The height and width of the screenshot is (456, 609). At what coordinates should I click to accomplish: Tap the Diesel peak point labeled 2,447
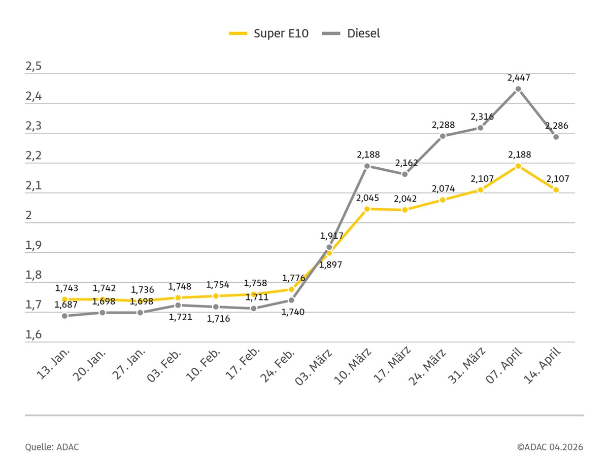518,89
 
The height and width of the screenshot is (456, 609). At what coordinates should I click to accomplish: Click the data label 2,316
482,117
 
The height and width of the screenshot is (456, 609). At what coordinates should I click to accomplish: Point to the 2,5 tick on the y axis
33,68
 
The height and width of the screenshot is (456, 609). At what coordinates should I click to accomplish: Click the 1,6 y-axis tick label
33,336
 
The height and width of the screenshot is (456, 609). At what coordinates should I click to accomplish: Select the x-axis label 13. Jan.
54,363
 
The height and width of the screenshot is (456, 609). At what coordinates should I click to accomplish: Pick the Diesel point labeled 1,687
64,316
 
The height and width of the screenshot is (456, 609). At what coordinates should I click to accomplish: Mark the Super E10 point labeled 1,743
64,299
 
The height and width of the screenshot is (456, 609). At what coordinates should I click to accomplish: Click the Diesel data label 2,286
557,126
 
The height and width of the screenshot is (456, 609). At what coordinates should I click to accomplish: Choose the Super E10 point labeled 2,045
367,209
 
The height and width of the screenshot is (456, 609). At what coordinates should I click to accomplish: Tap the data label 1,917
332,236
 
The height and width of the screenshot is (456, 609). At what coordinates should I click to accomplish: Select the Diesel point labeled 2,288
443,136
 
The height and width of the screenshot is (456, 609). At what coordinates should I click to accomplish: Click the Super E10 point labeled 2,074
443,200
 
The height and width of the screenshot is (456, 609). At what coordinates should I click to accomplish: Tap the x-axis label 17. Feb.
242,364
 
